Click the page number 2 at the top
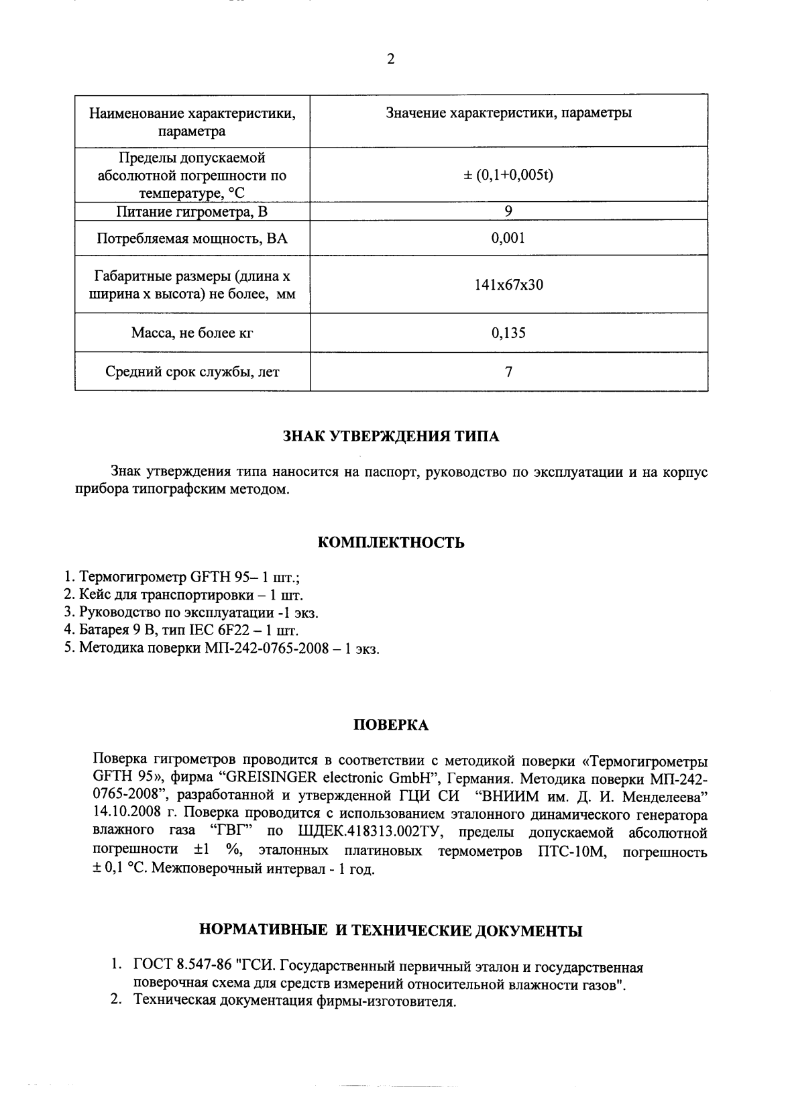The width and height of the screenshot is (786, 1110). pyautogui.click(x=391, y=59)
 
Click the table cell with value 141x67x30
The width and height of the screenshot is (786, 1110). pyautogui.click(x=508, y=284)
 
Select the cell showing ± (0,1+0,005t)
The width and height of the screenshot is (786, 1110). pyautogui.click(x=508, y=175)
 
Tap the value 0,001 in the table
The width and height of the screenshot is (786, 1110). pyautogui.click(x=508, y=237)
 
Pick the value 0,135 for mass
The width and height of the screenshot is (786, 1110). pyautogui.click(x=508, y=333)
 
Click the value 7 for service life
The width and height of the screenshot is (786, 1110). pyautogui.click(x=508, y=372)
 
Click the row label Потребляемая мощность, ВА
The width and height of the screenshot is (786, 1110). pyautogui.click(x=192, y=238)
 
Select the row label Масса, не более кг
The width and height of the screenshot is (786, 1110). pyautogui.click(x=192, y=333)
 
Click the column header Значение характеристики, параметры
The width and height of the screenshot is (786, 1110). pyautogui.click(x=508, y=113)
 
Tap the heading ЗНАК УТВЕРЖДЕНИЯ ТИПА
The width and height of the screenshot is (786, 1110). pyautogui.click(x=391, y=437)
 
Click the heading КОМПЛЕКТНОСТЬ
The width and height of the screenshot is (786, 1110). pyautogui.click(x=391, y=543)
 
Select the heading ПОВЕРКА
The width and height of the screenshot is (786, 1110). pyautogui.click(x=391, y=725)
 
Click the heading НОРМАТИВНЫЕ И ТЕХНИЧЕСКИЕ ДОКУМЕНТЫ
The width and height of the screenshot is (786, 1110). pyautogui.click(x=391, y=931)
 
